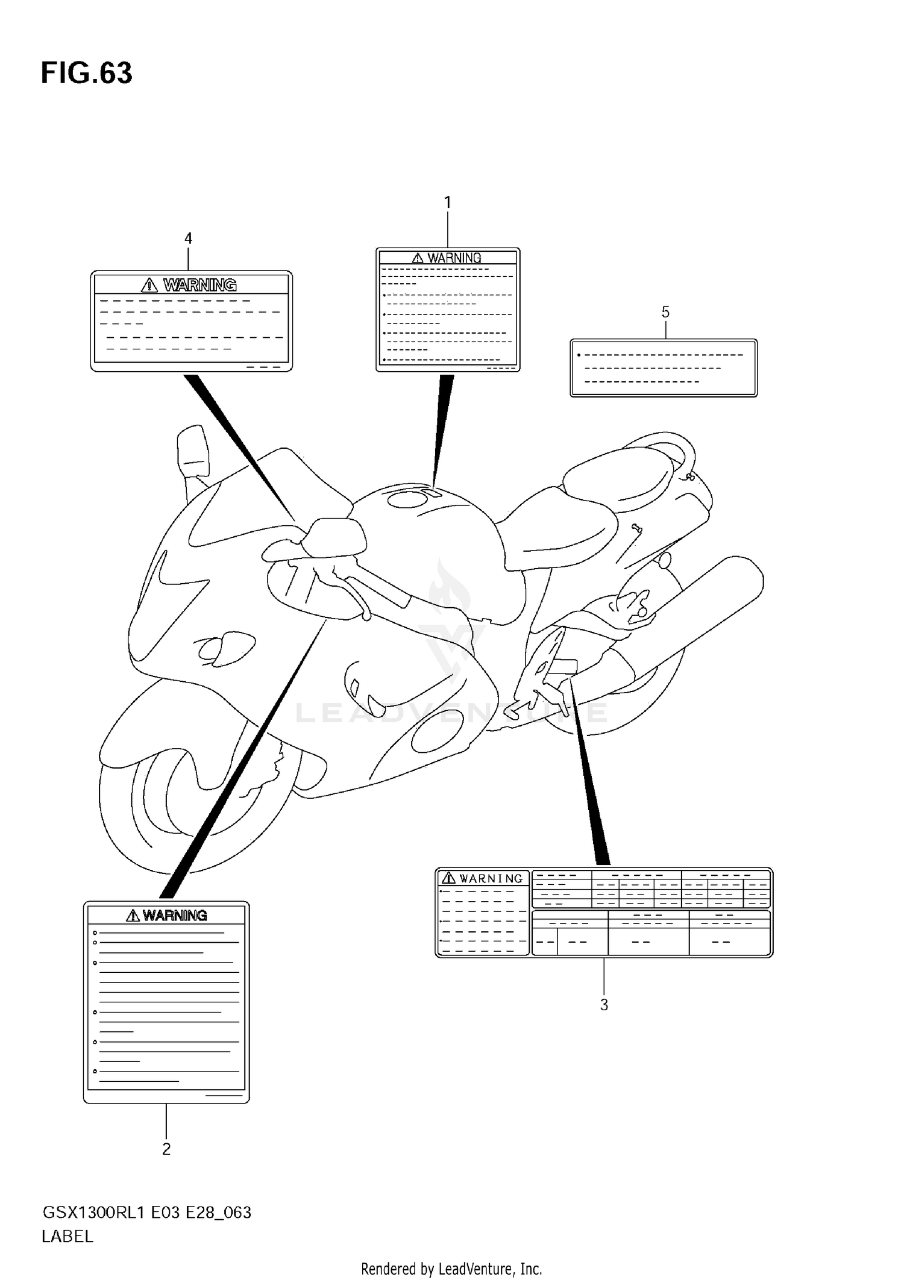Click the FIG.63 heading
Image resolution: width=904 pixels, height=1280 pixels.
[x=86, y=73]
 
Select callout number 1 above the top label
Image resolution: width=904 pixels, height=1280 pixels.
[x=447, y=203]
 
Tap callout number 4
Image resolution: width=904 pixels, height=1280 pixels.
[x=188, y=239]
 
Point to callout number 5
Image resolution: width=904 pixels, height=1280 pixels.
[x=665, y=312]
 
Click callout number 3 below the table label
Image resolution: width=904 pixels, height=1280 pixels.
[x=604, y=1005]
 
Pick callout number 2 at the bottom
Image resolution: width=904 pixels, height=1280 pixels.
[x=166, y=1149]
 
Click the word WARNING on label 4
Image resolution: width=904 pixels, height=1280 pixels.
[x=199, y=285]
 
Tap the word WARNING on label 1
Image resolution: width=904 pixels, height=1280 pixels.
[x=454, y=258]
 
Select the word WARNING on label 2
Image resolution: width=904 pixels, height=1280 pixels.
[x=175, y=916]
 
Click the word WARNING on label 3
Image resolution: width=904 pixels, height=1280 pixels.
[x=491, y=879]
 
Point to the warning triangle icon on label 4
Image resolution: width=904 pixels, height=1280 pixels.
[x=149, y=285]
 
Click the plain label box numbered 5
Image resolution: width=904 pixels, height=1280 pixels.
[x=663, y=368]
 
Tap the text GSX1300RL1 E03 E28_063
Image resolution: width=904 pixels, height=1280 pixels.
[x=146, y=1212]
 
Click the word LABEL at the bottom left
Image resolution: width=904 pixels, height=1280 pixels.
[x=67, y=1237]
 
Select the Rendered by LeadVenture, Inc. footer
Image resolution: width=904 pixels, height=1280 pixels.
[x=451, y=1269]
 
